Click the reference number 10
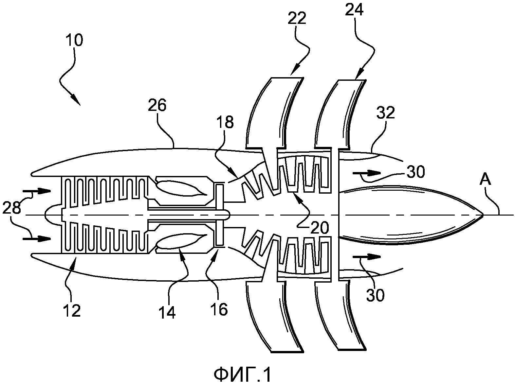tap(74, 40)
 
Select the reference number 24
tap(354, 9)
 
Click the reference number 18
tap(225, 121)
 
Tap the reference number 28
tap(11, 208)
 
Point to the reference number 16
tap(219, 309)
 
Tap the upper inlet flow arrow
tap(37, 191)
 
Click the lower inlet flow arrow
tap(37, 239)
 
